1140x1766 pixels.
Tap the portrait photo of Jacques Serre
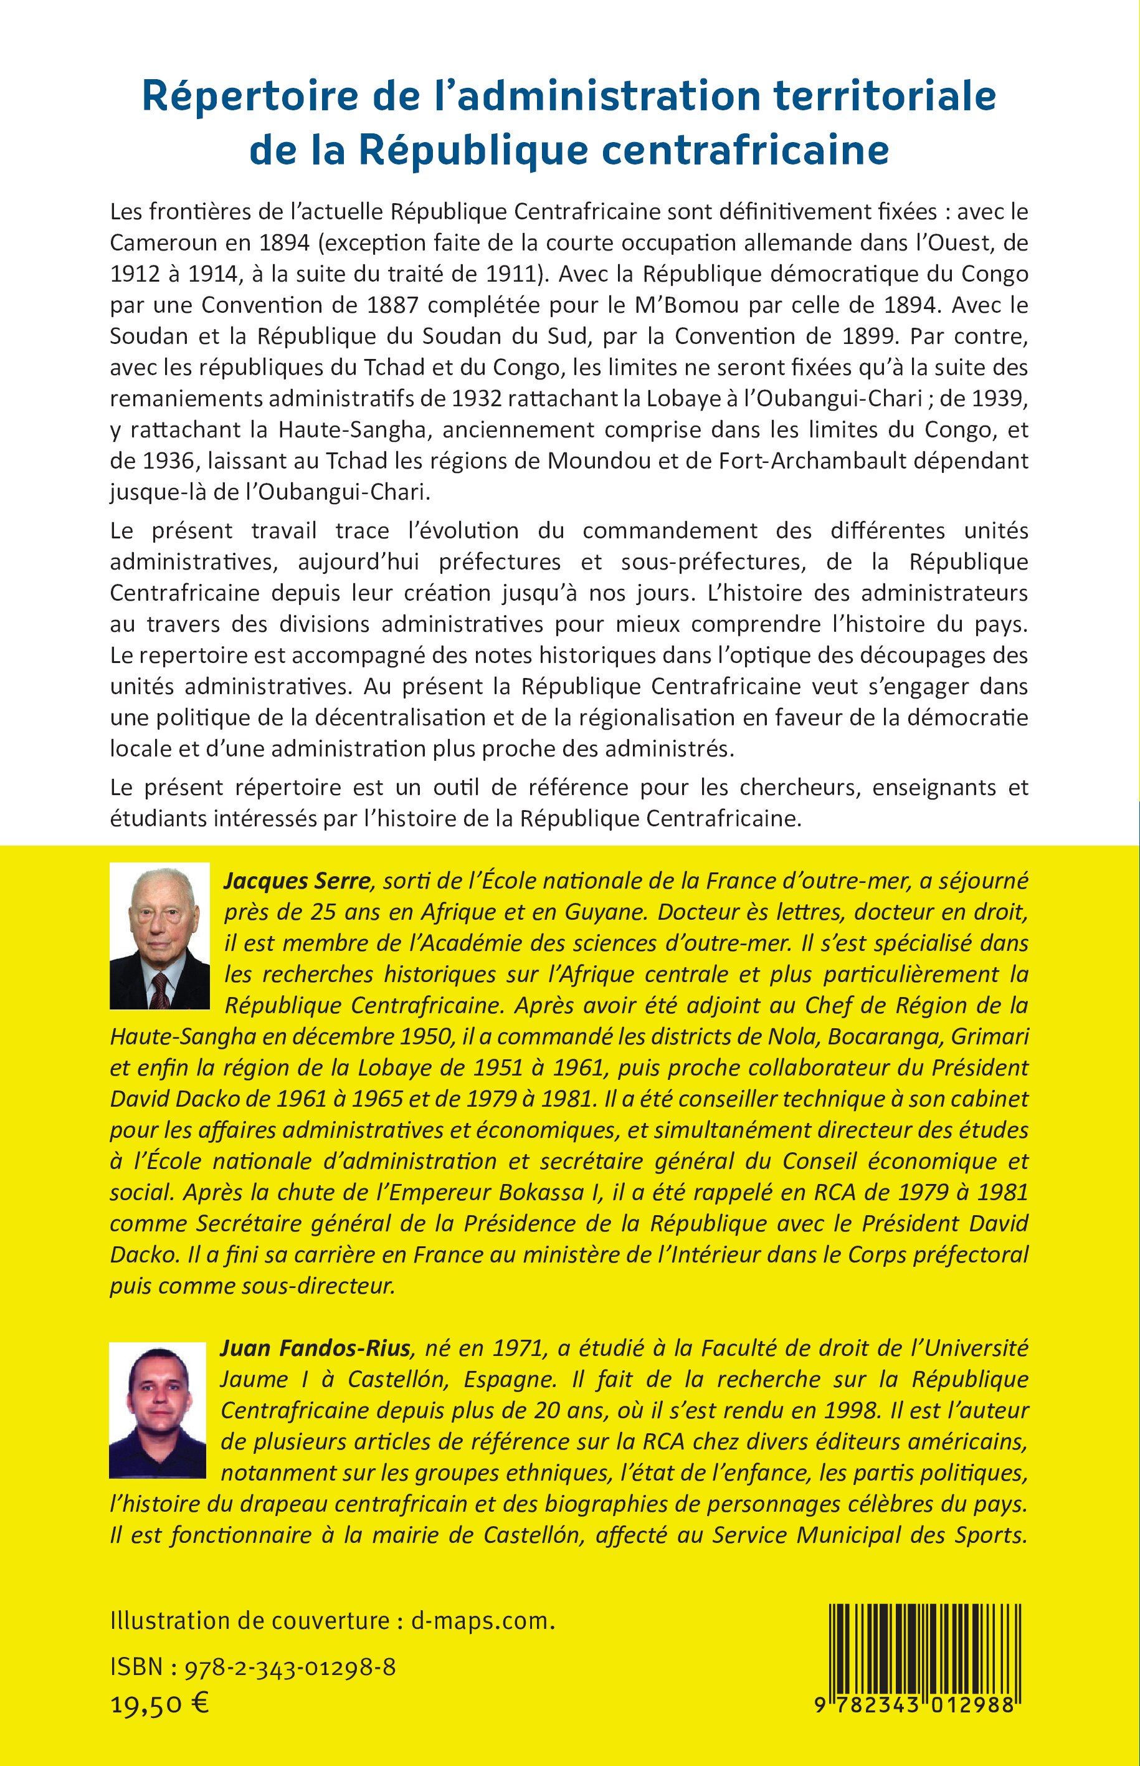(160, 935)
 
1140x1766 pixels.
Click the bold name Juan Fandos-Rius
(315, 1348)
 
